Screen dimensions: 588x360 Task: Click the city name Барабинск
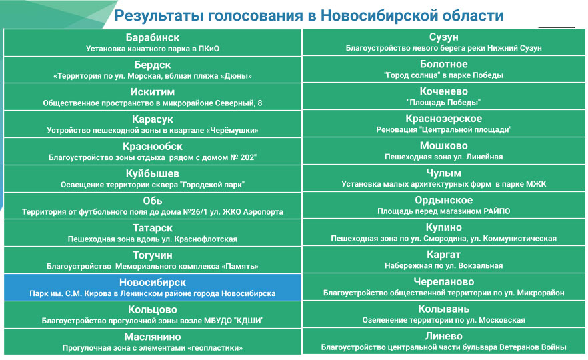tap(152, 37)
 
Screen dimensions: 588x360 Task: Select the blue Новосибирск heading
tap(152, 283)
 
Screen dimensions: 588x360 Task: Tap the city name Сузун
tap(443, 37)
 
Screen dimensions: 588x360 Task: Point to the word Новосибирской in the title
tap(379, 16)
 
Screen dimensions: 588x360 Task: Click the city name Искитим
tap(152, 92)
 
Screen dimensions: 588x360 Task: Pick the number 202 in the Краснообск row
tap(247, 157)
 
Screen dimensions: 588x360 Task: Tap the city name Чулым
tap(443, 173)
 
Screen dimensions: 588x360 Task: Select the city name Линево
tap(443, 336)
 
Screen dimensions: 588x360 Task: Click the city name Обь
tap(152, 201)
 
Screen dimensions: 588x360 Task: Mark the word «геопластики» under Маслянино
tap(217, 348)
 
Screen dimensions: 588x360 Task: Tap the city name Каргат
tap(443, 255)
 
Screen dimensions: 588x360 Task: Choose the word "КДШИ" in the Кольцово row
tap(249, 321)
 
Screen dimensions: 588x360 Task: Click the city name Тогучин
tap(152, 255)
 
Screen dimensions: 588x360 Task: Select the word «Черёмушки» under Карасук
tap(233, 131)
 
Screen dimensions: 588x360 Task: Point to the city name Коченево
tap(443, 91)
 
